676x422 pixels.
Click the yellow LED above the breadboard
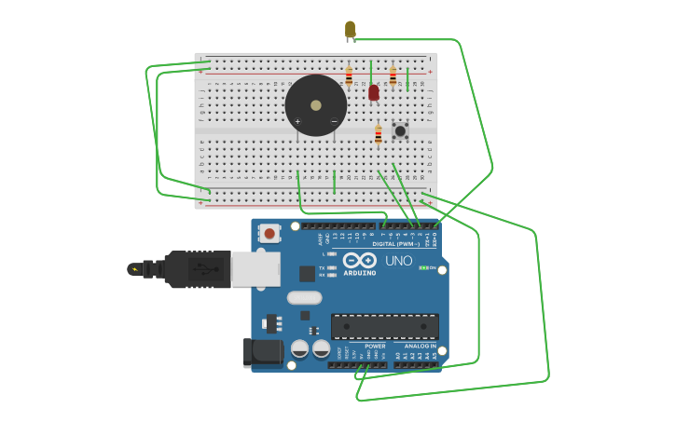350,30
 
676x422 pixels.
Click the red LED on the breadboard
374,92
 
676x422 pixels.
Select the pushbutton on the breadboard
400,131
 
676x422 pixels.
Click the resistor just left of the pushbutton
378,135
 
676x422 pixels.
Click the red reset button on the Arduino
269,233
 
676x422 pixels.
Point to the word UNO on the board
399,261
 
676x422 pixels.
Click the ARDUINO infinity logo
359,260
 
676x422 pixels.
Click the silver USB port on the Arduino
255,269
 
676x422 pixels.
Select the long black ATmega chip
384,326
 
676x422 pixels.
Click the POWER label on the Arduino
375,346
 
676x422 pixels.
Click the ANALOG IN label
419,346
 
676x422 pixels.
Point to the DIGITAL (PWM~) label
395,244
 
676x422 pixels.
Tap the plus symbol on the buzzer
297,121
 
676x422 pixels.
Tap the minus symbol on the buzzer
334,121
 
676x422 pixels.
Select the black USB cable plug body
197,269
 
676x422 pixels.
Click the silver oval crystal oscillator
304,298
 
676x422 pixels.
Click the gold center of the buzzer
316,105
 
